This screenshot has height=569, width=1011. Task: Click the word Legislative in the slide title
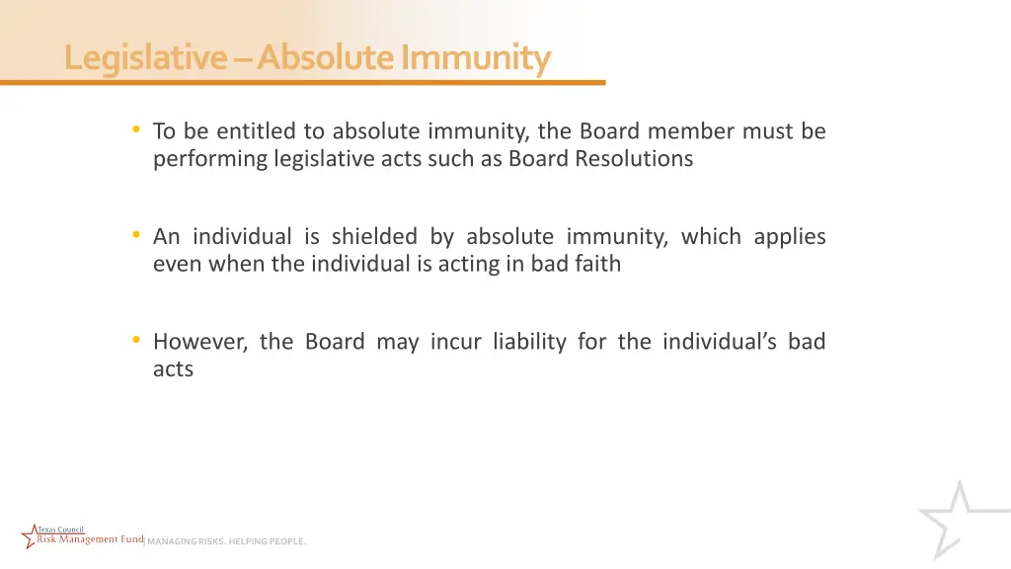pyautogui.click(x=144, y=58)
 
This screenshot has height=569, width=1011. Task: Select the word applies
pyautogui.click(x=790, y=237)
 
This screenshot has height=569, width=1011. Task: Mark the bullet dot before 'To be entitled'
pyautogui.click(x=135, y=130)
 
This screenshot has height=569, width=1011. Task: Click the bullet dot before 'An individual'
pyautogui.click(x=135, y=236)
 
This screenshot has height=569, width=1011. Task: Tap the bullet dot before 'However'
pyautogui.click(x=135, y=341)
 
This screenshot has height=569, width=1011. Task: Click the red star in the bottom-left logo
pyautogui.click(x=31, y=538)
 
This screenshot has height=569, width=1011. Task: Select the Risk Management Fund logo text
pyautogui.click(x=89, y=538)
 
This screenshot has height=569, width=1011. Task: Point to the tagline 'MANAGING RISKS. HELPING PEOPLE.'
pyautogui.click(x=226, y=541)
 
